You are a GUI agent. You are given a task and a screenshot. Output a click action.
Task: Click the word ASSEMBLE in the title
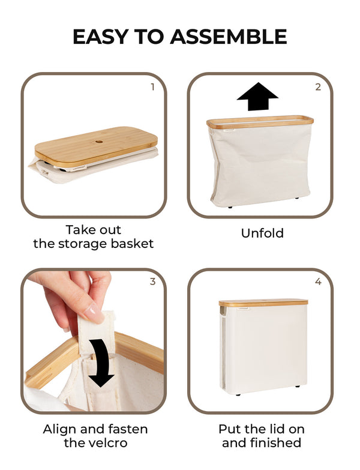click(x=228, y=37)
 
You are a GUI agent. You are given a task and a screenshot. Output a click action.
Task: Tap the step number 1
click(x=152, y=87)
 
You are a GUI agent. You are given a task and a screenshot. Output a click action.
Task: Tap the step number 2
click(x=318, y=87)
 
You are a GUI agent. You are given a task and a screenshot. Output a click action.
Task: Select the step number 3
click(x=152, y=282)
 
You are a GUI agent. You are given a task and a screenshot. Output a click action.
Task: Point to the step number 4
click(x=318, y=282)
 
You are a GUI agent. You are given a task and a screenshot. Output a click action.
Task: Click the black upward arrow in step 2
click(x=257, y=97)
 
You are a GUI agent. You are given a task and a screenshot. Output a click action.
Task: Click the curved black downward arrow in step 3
click(x=101, y=361)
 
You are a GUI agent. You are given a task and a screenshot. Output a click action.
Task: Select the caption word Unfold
click(x=262, y=233)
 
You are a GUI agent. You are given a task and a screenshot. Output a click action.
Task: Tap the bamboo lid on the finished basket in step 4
click(x=263, y=303)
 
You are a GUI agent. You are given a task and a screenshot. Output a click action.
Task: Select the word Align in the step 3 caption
click(x=61, y=429)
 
